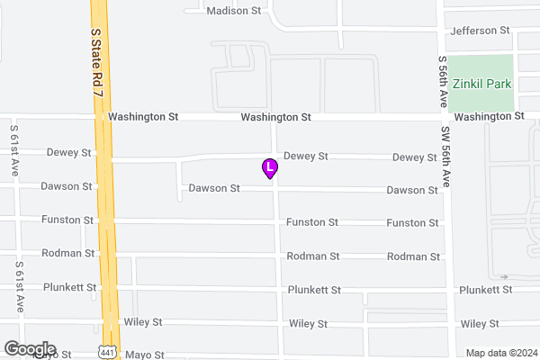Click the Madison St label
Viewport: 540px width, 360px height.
pos(232,12)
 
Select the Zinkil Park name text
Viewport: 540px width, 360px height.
pos(481,83)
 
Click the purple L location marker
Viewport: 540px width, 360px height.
pos(268,167)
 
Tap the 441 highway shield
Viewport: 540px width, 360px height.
pos(108,351)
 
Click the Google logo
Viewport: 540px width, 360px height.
pos(30,349)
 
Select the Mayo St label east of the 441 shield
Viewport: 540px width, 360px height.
pos(145,355)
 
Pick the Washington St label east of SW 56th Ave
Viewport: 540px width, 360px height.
pos(489,117)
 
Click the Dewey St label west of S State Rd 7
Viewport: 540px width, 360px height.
pos(69,153)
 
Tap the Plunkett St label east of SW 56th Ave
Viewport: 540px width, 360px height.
pos(485,290)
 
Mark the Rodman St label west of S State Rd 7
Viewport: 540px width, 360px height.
pos(69,253)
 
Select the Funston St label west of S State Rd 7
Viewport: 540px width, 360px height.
pos(68,220)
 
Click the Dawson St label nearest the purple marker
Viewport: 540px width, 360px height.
pos(214,189)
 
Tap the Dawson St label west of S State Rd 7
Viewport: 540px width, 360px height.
pos(67,186)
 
